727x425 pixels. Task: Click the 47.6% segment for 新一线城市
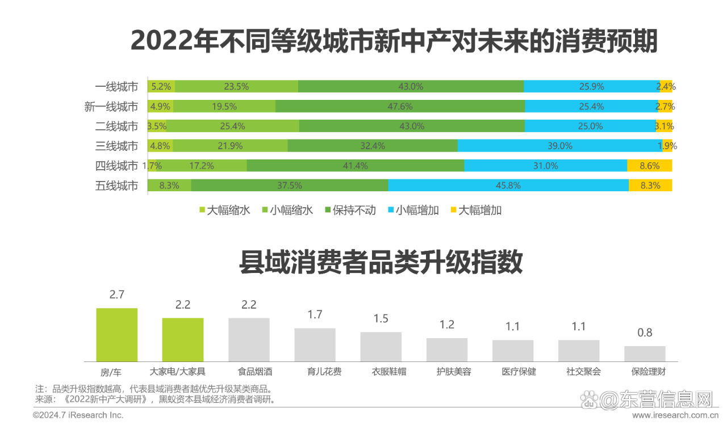[400, 107]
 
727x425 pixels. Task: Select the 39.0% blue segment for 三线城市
[559, 146]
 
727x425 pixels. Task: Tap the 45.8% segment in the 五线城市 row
[508, 186]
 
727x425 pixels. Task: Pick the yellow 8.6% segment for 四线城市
[649, 166]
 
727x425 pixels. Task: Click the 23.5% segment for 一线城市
[236, 87]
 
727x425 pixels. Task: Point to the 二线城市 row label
[116, 127]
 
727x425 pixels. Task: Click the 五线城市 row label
[116, 186]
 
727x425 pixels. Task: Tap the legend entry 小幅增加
[412, 211]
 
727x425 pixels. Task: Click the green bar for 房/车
[117, 335]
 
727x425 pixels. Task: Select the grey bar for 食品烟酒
[249, 339]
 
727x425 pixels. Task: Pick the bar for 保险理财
[645, 354]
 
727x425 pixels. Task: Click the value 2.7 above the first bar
[117, 294]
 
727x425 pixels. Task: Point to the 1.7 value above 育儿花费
[315, 314]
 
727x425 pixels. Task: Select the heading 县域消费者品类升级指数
[381, 263]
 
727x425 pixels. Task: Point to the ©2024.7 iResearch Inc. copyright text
[78, 415]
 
